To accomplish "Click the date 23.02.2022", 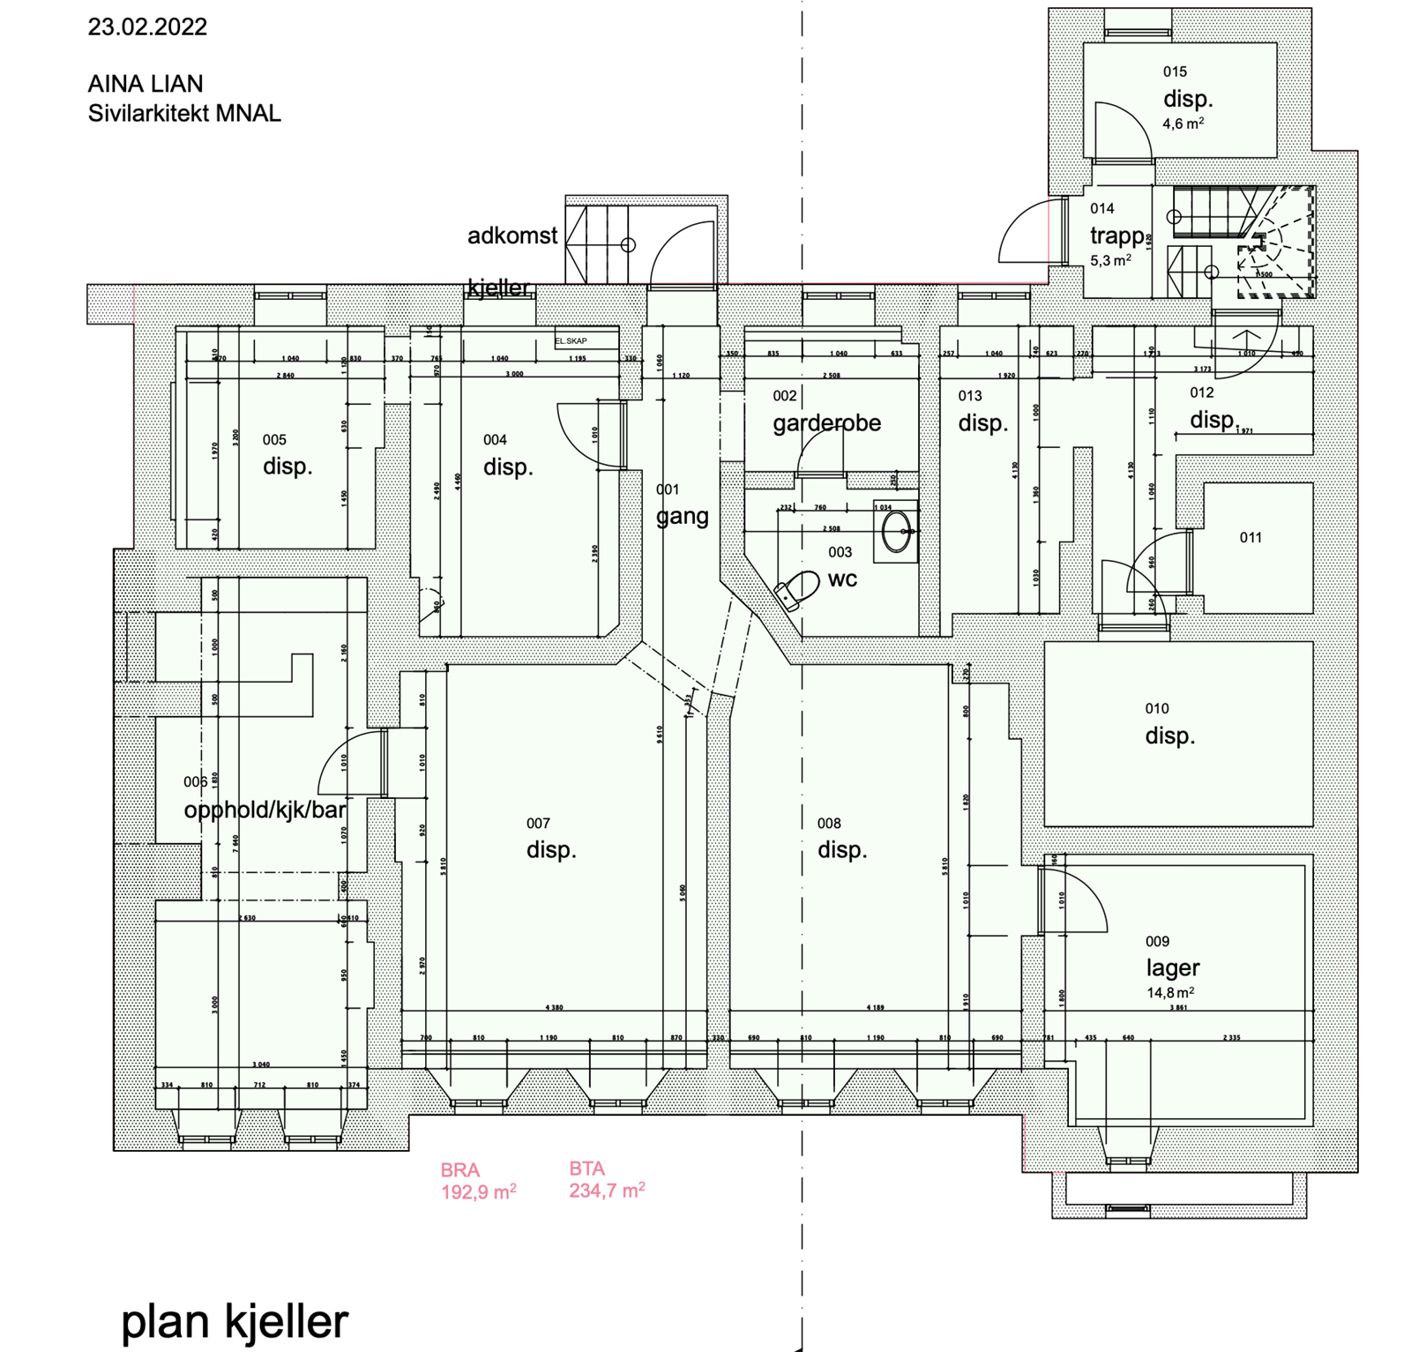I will pyautogui.click(x=147, y=27).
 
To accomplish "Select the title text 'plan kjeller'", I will pyautogui.click(x=235, y=1321).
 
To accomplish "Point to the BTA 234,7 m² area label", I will pyautogui.click(x=607, y=1180).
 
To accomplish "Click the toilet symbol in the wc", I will pyautogui.click(x=796, y=589).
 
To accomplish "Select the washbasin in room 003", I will pyautogui.click(x=897, y=532).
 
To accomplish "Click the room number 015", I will pyautogui.click(x=1175, y=72).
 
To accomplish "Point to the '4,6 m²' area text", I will pyautogui.click(x=1183, y=124).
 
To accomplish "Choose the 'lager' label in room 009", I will pyautogui.click(x=1173, y=967).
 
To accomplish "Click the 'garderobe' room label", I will pyautogui.click(x=826, y=423).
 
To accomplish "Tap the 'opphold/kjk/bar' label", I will pyautogui.click(x=265, y=810).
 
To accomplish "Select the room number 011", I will pyautogui.click(x=1250, y=538).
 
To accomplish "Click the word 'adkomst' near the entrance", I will pyautogui.click(x=512, y=236).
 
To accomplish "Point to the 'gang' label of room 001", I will pyautogui.click(x=682, y=517).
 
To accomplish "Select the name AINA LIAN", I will pyautogui.click(x=146, y=85).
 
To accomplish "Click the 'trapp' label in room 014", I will pyautogui.click(x=1116, y=236).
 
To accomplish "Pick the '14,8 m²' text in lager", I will pyautogui.click(x=1170, y=993).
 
